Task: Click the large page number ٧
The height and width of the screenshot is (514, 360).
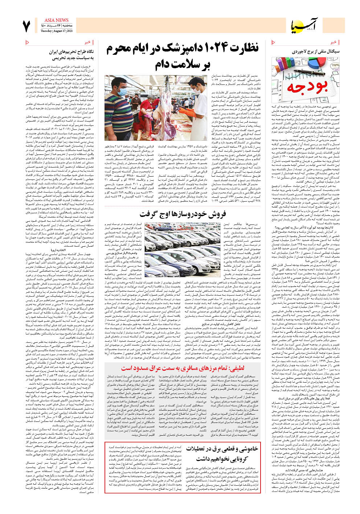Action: pyautogui.click(x=26, y=26)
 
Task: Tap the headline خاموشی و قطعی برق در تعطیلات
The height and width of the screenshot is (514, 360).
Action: pyautogui.click(x=222, y=453)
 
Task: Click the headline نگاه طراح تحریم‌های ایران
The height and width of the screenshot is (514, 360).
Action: pyautogui.click(x=71, y=52)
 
